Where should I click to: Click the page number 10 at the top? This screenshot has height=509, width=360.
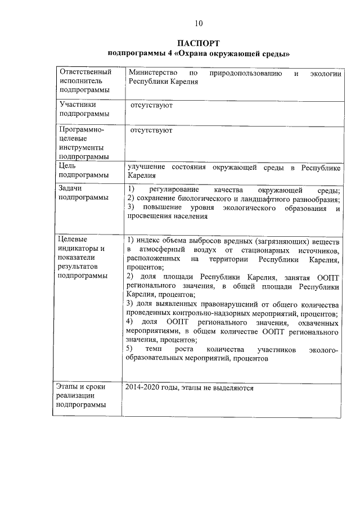coord(198,23)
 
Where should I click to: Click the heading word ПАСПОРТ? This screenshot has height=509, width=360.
coord(198,43)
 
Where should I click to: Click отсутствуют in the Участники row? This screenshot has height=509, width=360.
coord(151,105)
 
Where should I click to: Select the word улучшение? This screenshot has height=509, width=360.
coord(146,168)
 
